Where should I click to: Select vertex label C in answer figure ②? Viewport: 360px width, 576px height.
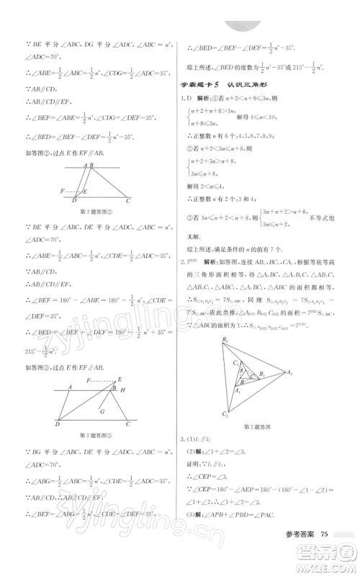(129, 201)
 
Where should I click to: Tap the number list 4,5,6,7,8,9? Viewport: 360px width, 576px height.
(251, 152)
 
